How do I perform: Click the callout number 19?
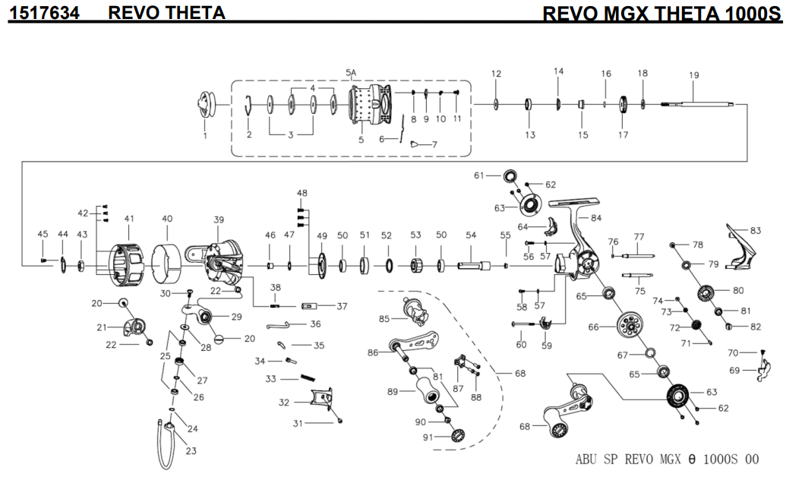click(693, 75)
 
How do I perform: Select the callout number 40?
click(167, 219)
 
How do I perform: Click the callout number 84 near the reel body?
click(595, 219)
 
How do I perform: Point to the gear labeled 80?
click(706, 292)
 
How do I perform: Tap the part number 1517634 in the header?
click(44, 13)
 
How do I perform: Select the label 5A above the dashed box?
click(351, 73)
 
